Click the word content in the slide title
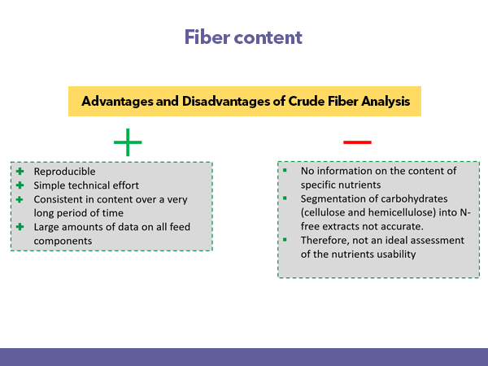pyautogui.click(x=268, y=37)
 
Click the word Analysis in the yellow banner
pyautogui.click(x=386, y=102)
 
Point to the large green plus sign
pyautogui.click(x=128, y=142)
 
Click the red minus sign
pyautogui.click(x=357, y=142)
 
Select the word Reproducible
pyautogui.click(x=65, y=172)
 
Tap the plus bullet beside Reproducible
pyautogui.click(x=20, y=171)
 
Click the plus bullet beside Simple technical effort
pyautogui.click(x=20, y=185)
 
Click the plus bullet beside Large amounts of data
pyautogui.click(x=20, y=227)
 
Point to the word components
pyautogui.click(x=63, y=242)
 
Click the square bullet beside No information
pyautogui.click(x=285, y=170)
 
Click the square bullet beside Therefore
pyautogui.click(x=285, y=240)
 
